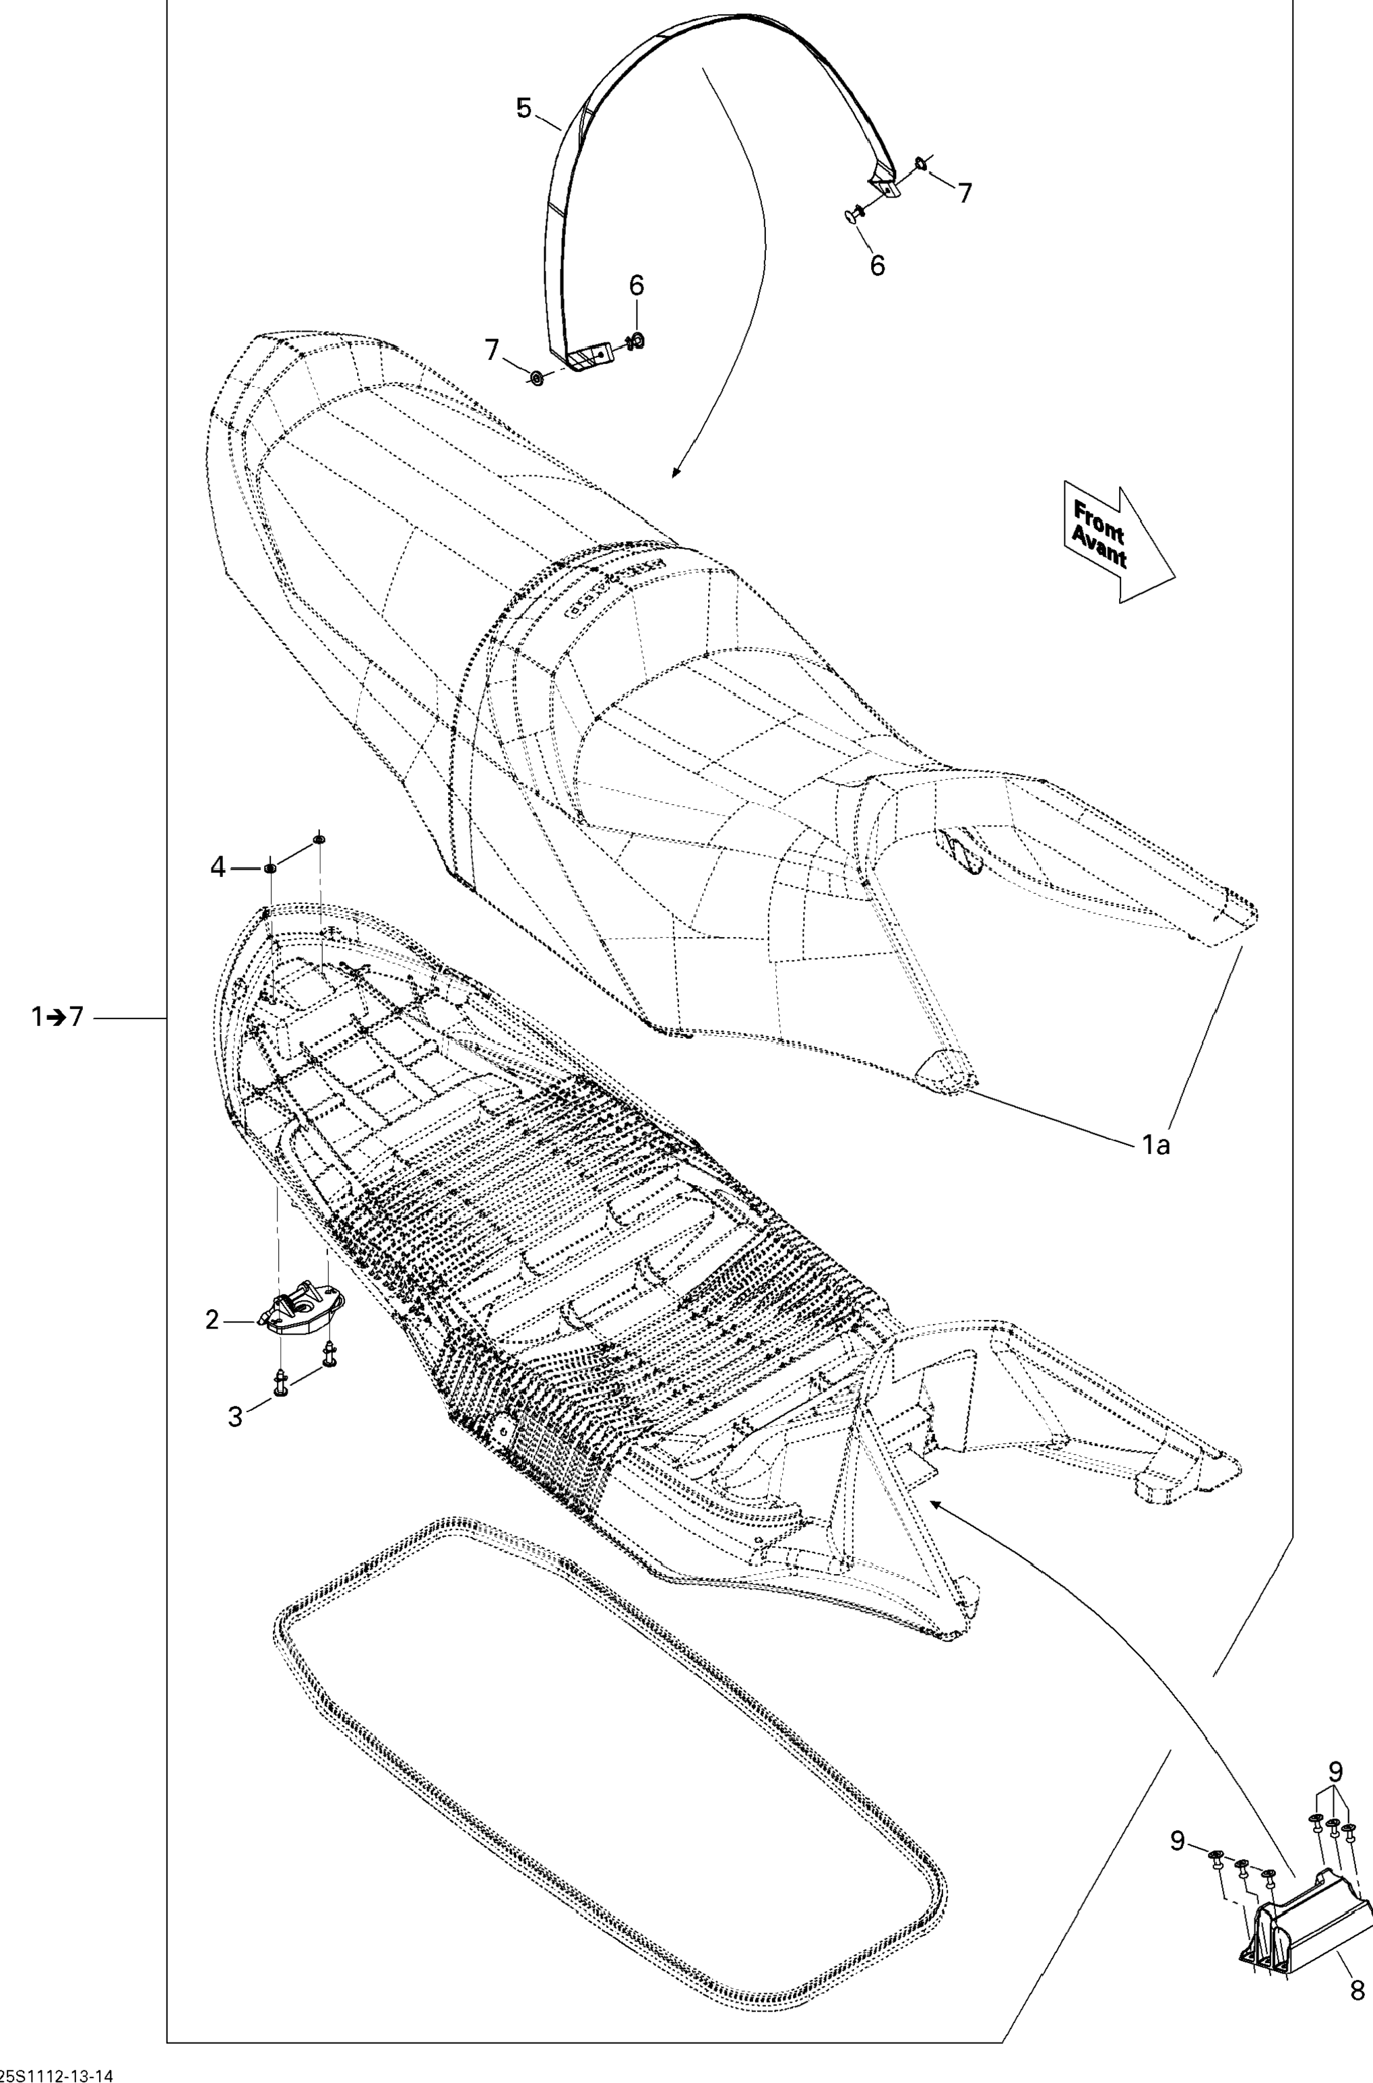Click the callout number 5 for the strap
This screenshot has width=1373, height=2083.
click(x=523, y=109)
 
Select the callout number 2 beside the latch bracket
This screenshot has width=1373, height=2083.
click(x=212, y=1319)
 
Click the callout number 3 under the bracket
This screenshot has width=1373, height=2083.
click(x=234, y=1416)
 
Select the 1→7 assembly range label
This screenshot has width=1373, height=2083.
click(x=57, y=1017)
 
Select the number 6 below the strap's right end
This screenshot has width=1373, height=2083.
click(x=877, y=264)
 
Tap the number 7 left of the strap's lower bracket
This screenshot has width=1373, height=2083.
click(x=492, y=351)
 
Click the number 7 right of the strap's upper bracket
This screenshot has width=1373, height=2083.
click(x=964, y=193)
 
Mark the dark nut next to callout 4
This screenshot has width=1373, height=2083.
click(x=271, y=866)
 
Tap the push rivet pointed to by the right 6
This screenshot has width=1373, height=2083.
click(x=850, y=213)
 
